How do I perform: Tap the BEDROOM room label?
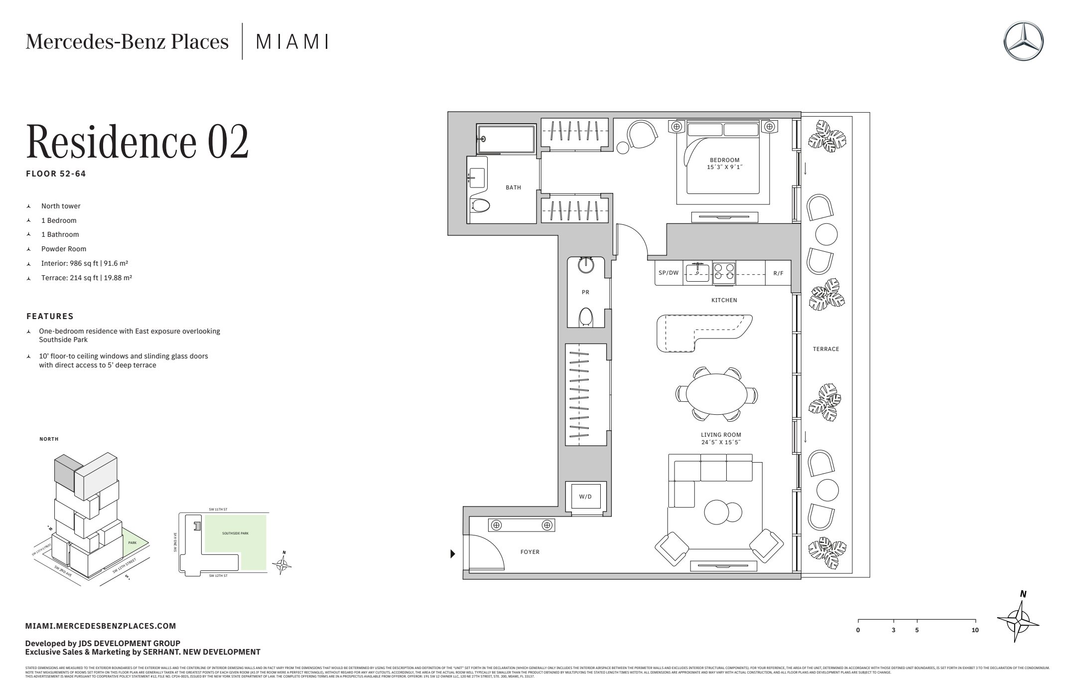pos(724,160)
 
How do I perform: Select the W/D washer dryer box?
pos(585,497)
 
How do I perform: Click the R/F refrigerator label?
pos(778,273)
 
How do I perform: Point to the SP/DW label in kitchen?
pos(668,273)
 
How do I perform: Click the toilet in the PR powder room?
pos(586,317)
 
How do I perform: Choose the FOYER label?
pos(530,552)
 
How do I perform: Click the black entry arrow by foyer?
pos(453,553)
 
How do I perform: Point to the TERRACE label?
pos(826,349)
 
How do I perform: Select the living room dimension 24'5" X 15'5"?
pos(721,442)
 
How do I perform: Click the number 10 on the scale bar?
pos(975,630)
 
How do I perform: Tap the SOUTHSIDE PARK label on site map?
pos(235,533)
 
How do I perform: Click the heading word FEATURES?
pos(50,316)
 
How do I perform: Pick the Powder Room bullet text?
pos(64,249)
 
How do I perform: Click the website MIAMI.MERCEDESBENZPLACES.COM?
pos(101,626)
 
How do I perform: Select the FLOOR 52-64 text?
pos(56,174)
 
